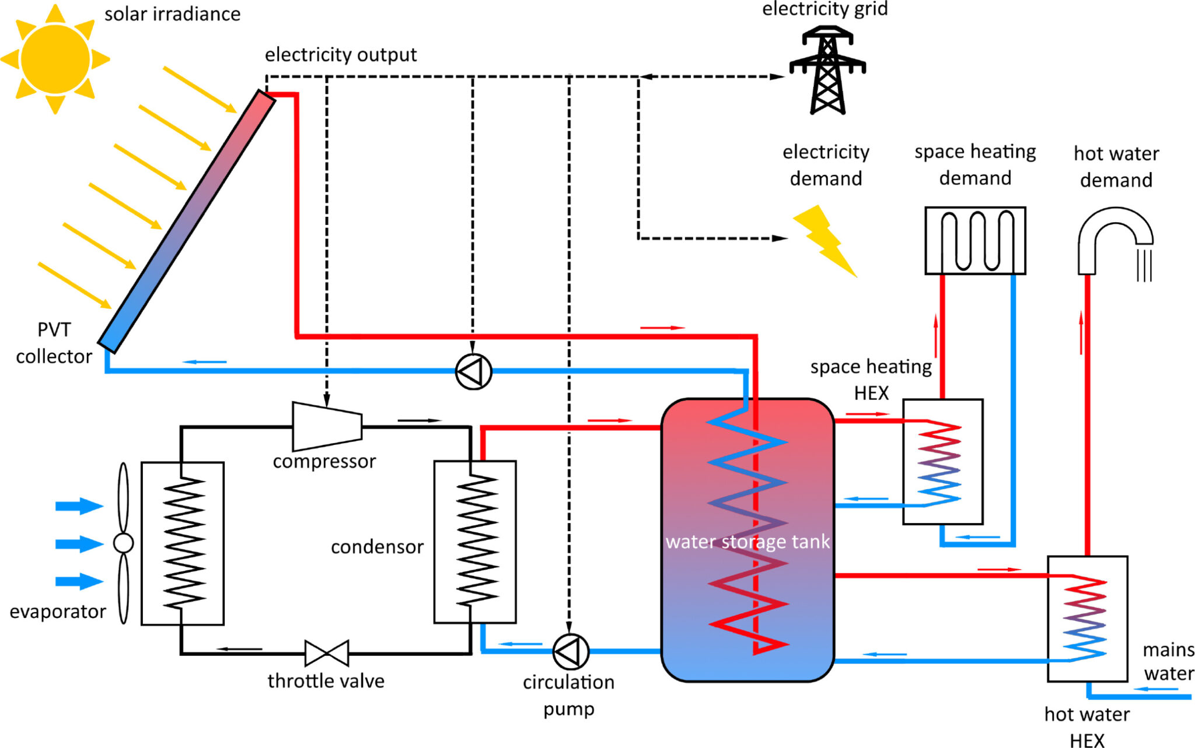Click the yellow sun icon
click(x=55, y=59)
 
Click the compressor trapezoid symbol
click(x=327, y=426)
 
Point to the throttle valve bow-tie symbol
click(x=327, y=653)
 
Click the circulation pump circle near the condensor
click(x=571, y=651)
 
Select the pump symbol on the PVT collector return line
click(x=473, y=371)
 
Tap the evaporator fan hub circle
click(x=123, y=543)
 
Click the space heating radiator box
click(x=975, y=240)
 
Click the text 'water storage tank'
click(x=747, y=542)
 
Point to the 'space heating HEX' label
click(x=871, y=380)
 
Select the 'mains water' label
click(x=1168, y=661)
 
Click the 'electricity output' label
click(x=341, y=55)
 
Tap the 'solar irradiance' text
click(x=172, y=14)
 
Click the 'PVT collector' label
click(x=54, y=343)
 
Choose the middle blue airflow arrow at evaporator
click(x=79, y=543)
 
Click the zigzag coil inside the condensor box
click(x=477, y=541)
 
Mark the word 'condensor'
click(x=377, y=547)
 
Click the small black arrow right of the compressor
click(x=419, y=420)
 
